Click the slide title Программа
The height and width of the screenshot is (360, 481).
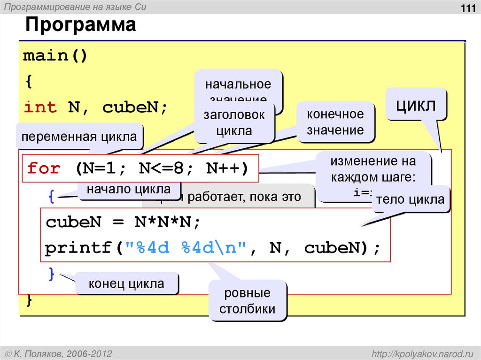point(80,24)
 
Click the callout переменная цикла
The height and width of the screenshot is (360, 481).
point(79,137)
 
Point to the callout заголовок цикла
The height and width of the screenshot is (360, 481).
point(234,123)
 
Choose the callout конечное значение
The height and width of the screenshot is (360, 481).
point(335,122)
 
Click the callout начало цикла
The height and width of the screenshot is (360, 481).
point(128,190)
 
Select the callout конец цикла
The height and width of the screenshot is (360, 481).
point(127,283)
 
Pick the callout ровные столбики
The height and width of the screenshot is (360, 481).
point(247,301)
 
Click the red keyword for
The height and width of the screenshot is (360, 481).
point(43,168)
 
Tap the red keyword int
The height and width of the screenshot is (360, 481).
point(40,107)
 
